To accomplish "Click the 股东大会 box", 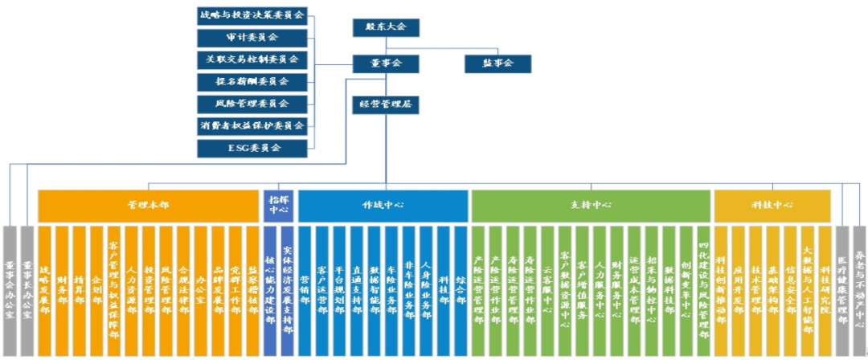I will click(x=387, y=27).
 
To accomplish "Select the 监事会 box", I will click(x=499, y=62).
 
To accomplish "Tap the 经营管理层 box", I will click(x=387, y=104).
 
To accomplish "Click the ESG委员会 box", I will click(x=252, y=148).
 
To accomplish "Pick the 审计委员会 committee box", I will click(x=252, y=38).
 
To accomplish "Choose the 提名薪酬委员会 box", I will click(x=252, y=82).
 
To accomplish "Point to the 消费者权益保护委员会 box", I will click(x=252, y=126).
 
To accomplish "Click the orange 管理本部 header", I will click(x=148, y=206).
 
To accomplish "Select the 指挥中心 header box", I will click(x=278, y=206).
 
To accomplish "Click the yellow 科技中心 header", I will click(x=772, y=206).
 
